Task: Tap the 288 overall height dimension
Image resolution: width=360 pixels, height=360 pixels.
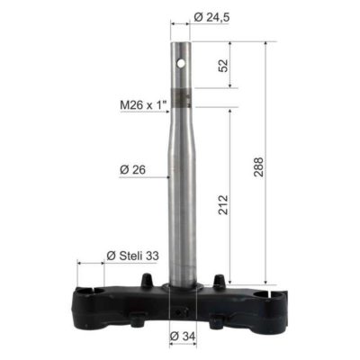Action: click(260, 165)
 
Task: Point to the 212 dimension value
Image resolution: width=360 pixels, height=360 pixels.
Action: click(222, 210)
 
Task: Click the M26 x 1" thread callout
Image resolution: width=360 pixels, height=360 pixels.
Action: click(144, 105)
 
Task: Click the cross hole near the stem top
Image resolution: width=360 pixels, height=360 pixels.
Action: click(183, 64)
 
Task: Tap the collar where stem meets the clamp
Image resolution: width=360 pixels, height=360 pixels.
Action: click(183, 287)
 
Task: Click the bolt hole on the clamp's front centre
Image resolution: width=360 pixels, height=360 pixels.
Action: click(183, 312)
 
